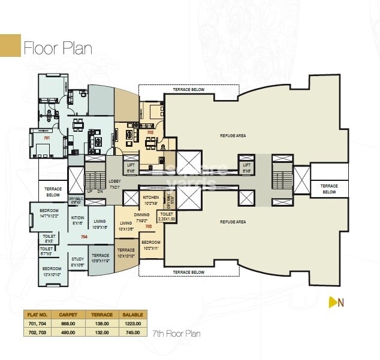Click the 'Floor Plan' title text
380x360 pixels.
tap(58, 49)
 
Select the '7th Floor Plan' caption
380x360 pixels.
tap(176, 333)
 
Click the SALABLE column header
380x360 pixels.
tap(131, 313)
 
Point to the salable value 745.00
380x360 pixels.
tap(131, 332)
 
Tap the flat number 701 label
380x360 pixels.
tap(46, 138)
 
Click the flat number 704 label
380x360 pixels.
tap(84, 237)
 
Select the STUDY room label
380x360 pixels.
tap(78, 262)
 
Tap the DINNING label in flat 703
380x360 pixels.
tap(142, 216)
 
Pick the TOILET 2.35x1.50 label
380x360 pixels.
tap(167, 216)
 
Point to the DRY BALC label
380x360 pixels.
tap(75, 200)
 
